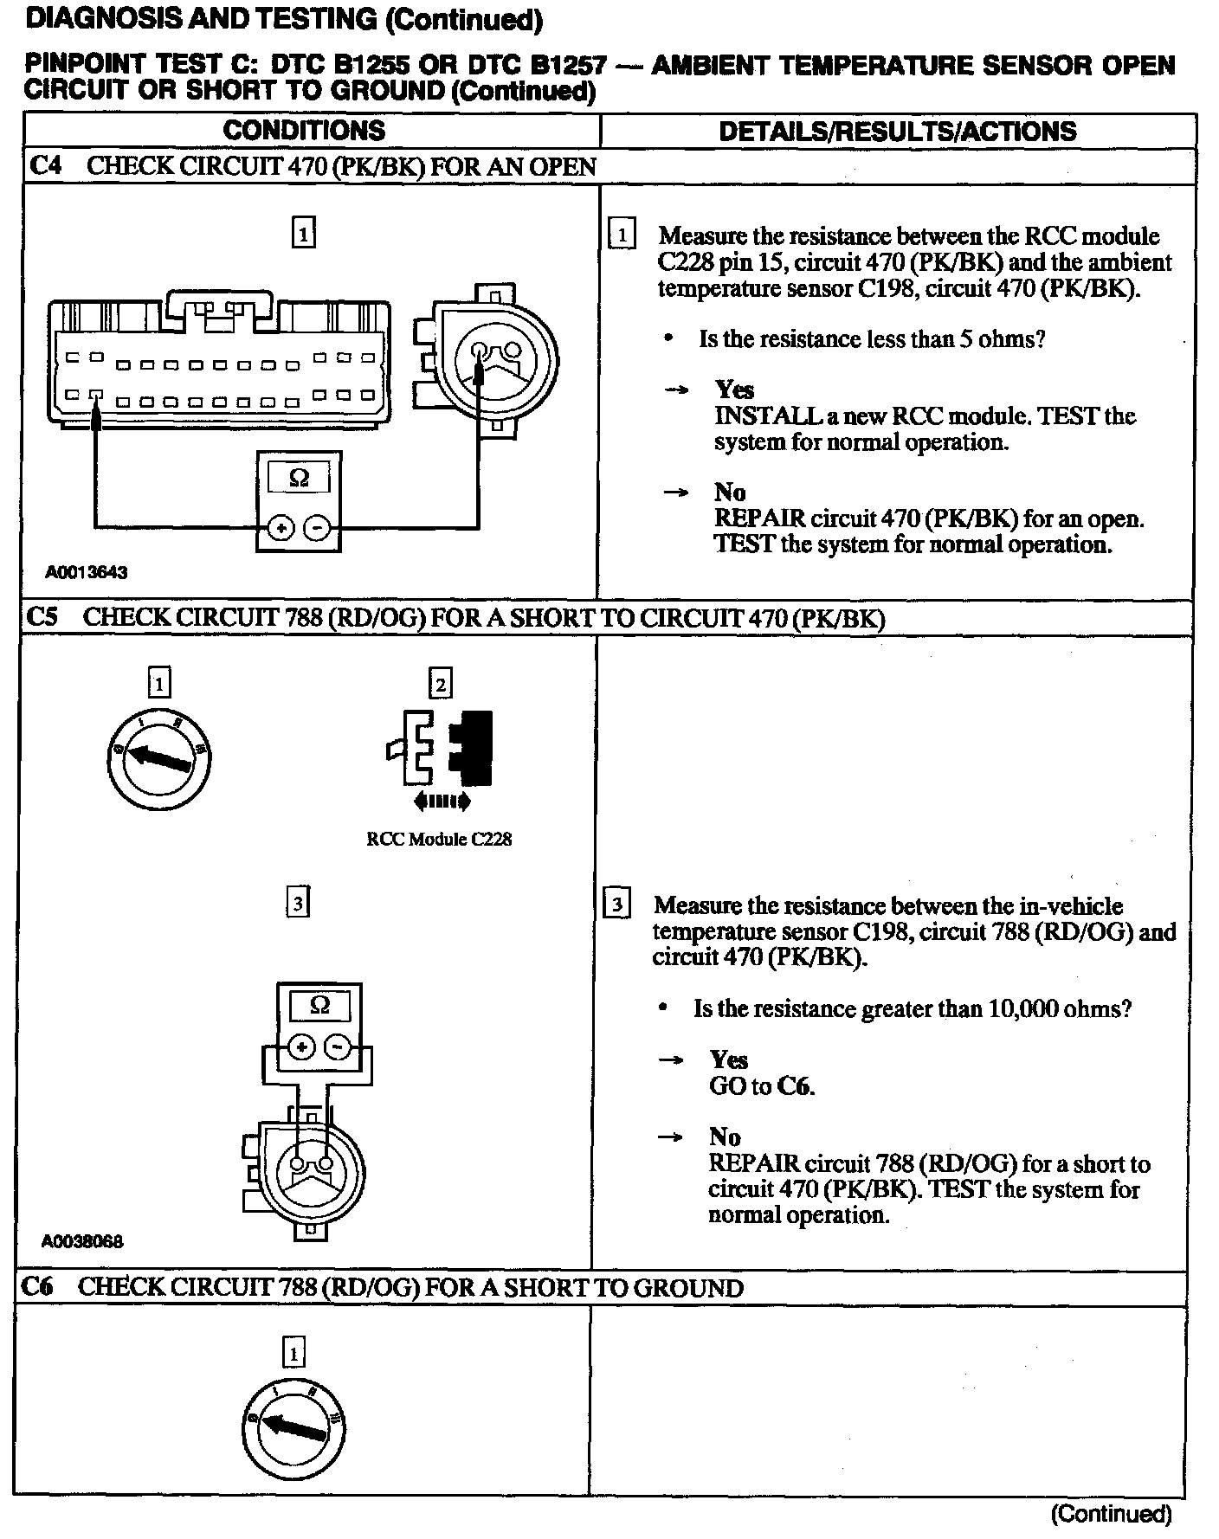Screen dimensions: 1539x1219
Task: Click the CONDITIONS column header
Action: tap(304, 130)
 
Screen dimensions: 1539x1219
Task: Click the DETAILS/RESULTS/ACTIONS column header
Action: tap(898, 131)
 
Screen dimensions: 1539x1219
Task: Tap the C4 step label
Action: tap(45, 166)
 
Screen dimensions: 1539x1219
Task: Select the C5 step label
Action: tap(42, 617)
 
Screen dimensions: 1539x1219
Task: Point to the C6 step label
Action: tap(38, 1287)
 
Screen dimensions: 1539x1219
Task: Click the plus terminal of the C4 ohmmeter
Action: tap(279, 527)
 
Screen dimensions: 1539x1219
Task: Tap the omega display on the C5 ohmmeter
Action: tap(319, 1006)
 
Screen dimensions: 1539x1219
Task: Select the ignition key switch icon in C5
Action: tap(158, 758)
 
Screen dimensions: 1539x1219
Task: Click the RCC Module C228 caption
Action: tap(439, 839)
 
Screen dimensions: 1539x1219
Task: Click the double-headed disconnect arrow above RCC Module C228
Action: tap(442, 802)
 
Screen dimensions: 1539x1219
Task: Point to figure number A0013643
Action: tap(87, 572)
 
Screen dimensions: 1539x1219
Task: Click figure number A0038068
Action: tap(82, 1241)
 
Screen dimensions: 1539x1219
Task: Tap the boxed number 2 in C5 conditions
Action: tap(441, 685)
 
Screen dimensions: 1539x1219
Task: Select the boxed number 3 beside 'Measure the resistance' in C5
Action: tap(616, 905)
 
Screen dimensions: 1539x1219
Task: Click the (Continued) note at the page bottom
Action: tap(1111, 1513)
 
